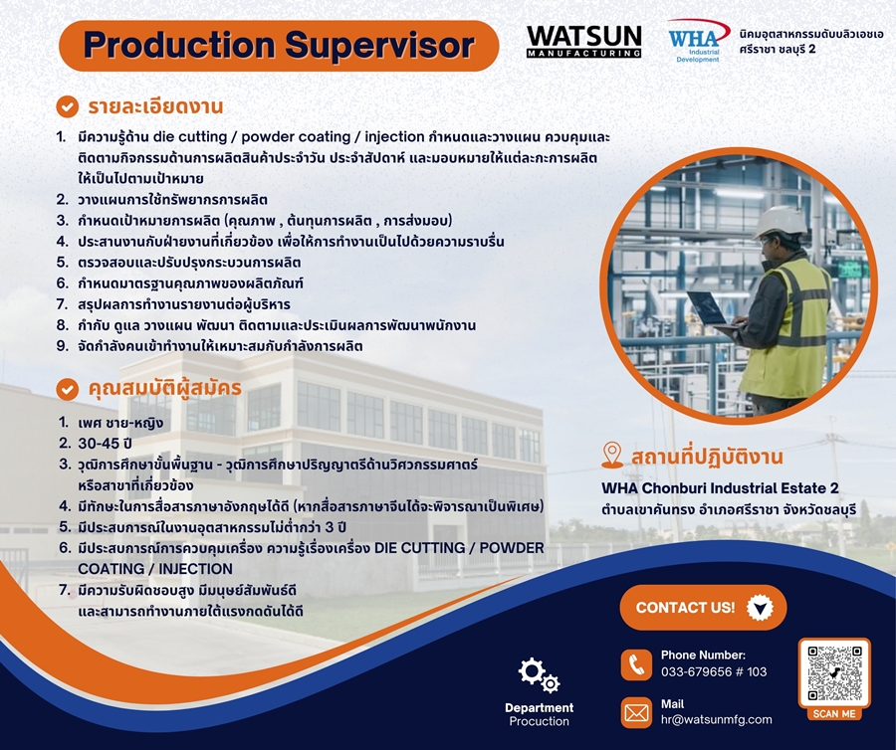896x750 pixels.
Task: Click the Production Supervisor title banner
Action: click(x=279, y=46)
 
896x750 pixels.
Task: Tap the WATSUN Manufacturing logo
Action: click(x=583, y=42)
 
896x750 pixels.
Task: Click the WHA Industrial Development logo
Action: click(x=698, y=41)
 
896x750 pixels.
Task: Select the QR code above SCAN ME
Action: click(x=834, y=673)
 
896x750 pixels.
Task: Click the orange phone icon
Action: click(x=636, y=664)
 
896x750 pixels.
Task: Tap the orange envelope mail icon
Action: click(x=636, y=712)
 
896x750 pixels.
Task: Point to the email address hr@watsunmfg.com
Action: click(x=716, y=719)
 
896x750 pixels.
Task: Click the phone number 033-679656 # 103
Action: click(x=714, y=671)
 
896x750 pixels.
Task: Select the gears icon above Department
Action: click(x=539, y=675)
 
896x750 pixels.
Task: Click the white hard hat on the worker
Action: click(x=779, y=222)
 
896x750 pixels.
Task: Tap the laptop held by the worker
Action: click(x=710, y=311)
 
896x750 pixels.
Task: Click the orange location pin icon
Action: click(x=612, y=456)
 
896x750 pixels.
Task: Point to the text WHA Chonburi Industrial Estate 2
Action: click(x=720, y=488)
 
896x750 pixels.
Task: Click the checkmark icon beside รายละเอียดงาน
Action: click(x=67, y=106)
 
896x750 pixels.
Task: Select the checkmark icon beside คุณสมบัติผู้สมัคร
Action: click(x=67, y=389)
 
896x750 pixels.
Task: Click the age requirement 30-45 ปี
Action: click(x=106, y=444)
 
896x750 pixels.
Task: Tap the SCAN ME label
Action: click(x=834, y=713)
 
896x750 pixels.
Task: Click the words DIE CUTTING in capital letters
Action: click(x=419, y=548)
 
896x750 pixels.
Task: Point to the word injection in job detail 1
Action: click(x=394, y=137)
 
